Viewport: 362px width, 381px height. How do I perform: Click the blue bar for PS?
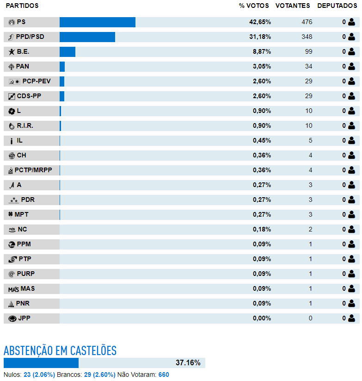point(97,22)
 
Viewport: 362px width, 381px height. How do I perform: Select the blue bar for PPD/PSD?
point(87,37)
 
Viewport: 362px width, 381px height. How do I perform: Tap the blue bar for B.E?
point(67,52)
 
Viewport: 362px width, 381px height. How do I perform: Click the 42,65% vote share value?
point(260,22)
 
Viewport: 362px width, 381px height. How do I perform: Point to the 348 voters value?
point(307,37)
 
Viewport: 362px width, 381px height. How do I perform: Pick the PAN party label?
point(23,66)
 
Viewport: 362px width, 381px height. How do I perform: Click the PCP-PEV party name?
point(37,81)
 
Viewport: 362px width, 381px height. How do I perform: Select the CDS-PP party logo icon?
point(12,96)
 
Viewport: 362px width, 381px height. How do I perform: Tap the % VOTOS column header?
point(254,6)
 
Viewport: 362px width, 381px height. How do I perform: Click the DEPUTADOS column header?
point(337,6)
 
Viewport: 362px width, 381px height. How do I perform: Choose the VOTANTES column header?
point(293,6)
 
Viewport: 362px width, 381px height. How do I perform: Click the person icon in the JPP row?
point(351,319)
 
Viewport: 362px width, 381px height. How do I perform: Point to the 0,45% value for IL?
point(262,140)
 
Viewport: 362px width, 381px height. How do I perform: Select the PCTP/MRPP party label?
point(33,170)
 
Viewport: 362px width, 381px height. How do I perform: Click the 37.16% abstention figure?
point(188,363)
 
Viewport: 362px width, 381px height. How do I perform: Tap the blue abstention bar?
point(41,363)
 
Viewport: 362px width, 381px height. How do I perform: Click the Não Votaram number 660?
point(164,375)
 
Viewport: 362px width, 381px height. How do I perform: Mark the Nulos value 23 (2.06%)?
point(39,375)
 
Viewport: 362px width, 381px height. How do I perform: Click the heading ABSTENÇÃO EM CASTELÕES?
point(60,350)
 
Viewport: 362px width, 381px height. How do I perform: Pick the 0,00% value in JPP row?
point(262,319)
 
